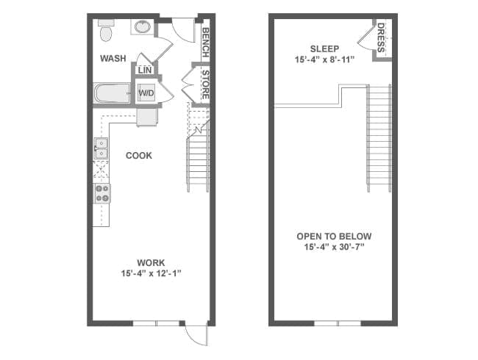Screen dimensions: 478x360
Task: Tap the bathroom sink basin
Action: pyautogui.click(x=143, y=26)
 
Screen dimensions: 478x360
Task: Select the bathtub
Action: pyautogui.click(x=112, y=93)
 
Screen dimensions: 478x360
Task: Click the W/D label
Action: pyautogui.click(x=146, y=93)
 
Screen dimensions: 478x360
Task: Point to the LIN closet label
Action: pyautogui.click(x=144, y=70)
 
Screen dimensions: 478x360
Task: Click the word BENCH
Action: pyautogui.click(x=205, y=43)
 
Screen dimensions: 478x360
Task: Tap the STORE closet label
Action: pyautogui.click(x=205, y=84)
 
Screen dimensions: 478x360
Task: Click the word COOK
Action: pyautogui.click(x=139, y=156)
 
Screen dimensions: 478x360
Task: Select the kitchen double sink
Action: pyautogui.click(x=101, y=148)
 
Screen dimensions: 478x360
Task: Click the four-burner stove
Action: pyautogui.click(x=101, y=193)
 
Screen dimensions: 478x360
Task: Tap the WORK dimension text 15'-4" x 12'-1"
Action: pyautogui.click(x=151, y=273)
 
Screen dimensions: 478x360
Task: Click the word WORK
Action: pyautogui.click(x=151, y=262)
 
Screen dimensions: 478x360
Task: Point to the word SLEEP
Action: pyautogui.click(x=324, y=48)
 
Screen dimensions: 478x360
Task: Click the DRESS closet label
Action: pyautogui.click(x=381, y=37)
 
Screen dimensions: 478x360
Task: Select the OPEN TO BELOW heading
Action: pyautogui.click(x=334, y=237)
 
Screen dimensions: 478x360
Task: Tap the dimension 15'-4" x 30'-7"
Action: pyautogui.click(x=335, y=247)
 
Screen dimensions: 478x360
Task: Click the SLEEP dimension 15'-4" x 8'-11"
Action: pyautogui.click(x=324, y=60)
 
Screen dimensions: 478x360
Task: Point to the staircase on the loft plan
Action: pyautogui.click(x=379, y=138)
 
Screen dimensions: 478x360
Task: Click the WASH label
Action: pyautogui.click(x=113, y=58)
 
